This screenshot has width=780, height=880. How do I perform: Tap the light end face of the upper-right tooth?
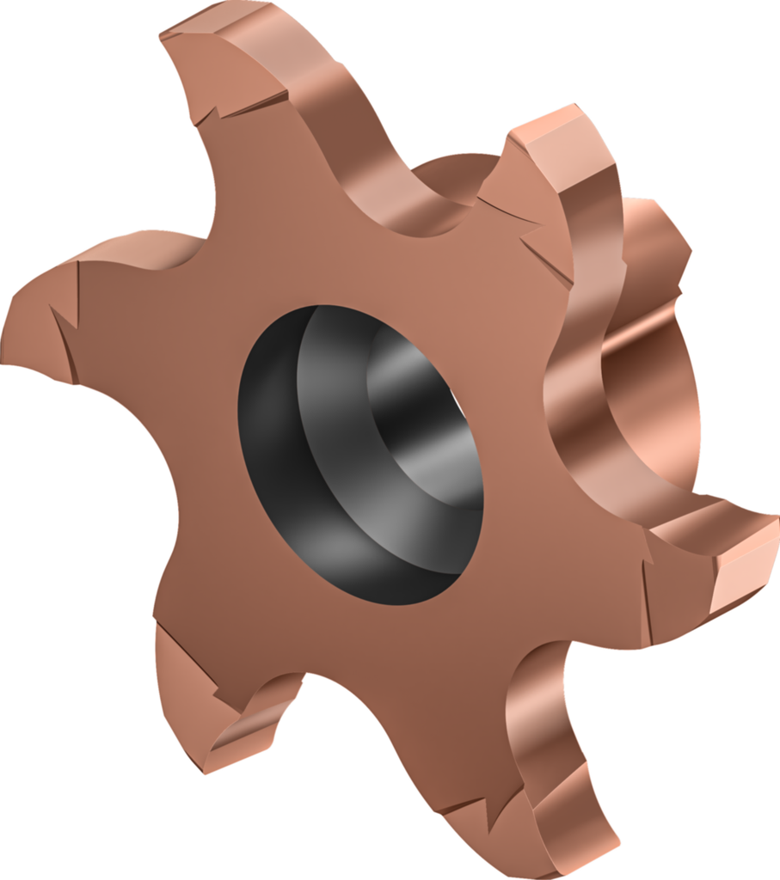(x=550, y=129)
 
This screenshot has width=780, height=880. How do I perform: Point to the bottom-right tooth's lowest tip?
(x=593, y=868)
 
